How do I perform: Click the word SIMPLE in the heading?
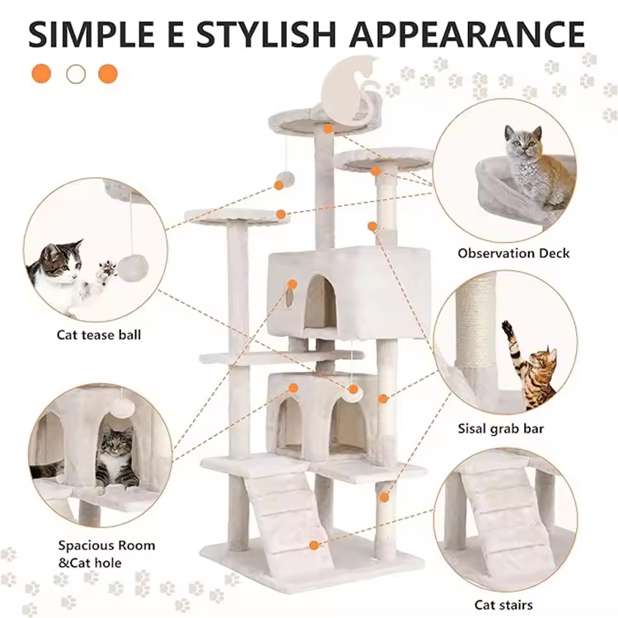click(91, 35)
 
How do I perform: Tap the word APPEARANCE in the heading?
click(467, 35)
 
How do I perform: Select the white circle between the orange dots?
click(76, 73)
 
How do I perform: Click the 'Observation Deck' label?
click(513, 253)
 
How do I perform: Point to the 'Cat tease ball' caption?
click(99, 335)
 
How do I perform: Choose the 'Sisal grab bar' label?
click(501, 428)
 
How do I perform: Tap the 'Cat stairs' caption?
click(503, 605)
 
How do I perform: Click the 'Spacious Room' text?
click(106, 545)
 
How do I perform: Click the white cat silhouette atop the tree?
click(351, 90)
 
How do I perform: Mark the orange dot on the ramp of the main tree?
click(314, 545)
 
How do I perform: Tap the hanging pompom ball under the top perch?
click(286, 180)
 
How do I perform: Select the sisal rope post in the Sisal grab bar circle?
click(475, 319)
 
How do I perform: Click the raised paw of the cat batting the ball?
click(107, 271)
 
